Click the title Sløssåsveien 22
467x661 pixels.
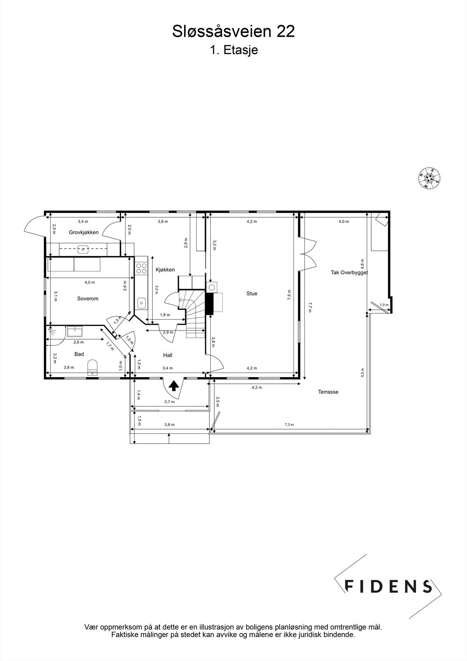[x=233, y=31]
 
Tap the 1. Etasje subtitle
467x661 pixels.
[x=233, y=50]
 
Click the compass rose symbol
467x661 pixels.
[x=429, y=178]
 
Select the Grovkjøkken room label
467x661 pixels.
[x=84, y=232]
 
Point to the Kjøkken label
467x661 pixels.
[x=165, y=270]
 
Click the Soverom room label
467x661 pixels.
[x=88, y=298]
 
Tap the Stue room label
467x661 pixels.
[x=252, y=293]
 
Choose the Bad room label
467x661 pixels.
[x=79, y=354]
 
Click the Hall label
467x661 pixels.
[x=168, y=355]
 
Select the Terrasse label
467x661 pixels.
[x=328, y=392]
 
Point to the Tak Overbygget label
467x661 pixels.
[x=349, y=273]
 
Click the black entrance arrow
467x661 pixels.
[x=174, y=386]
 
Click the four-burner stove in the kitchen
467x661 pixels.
[x=142, y=269]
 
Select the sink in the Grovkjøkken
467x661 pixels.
[x=83, y=250]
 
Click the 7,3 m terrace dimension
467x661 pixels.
[x=289, y=425]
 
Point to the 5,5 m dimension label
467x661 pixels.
[x=363, y=372]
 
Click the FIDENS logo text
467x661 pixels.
[x=388, y=586]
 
